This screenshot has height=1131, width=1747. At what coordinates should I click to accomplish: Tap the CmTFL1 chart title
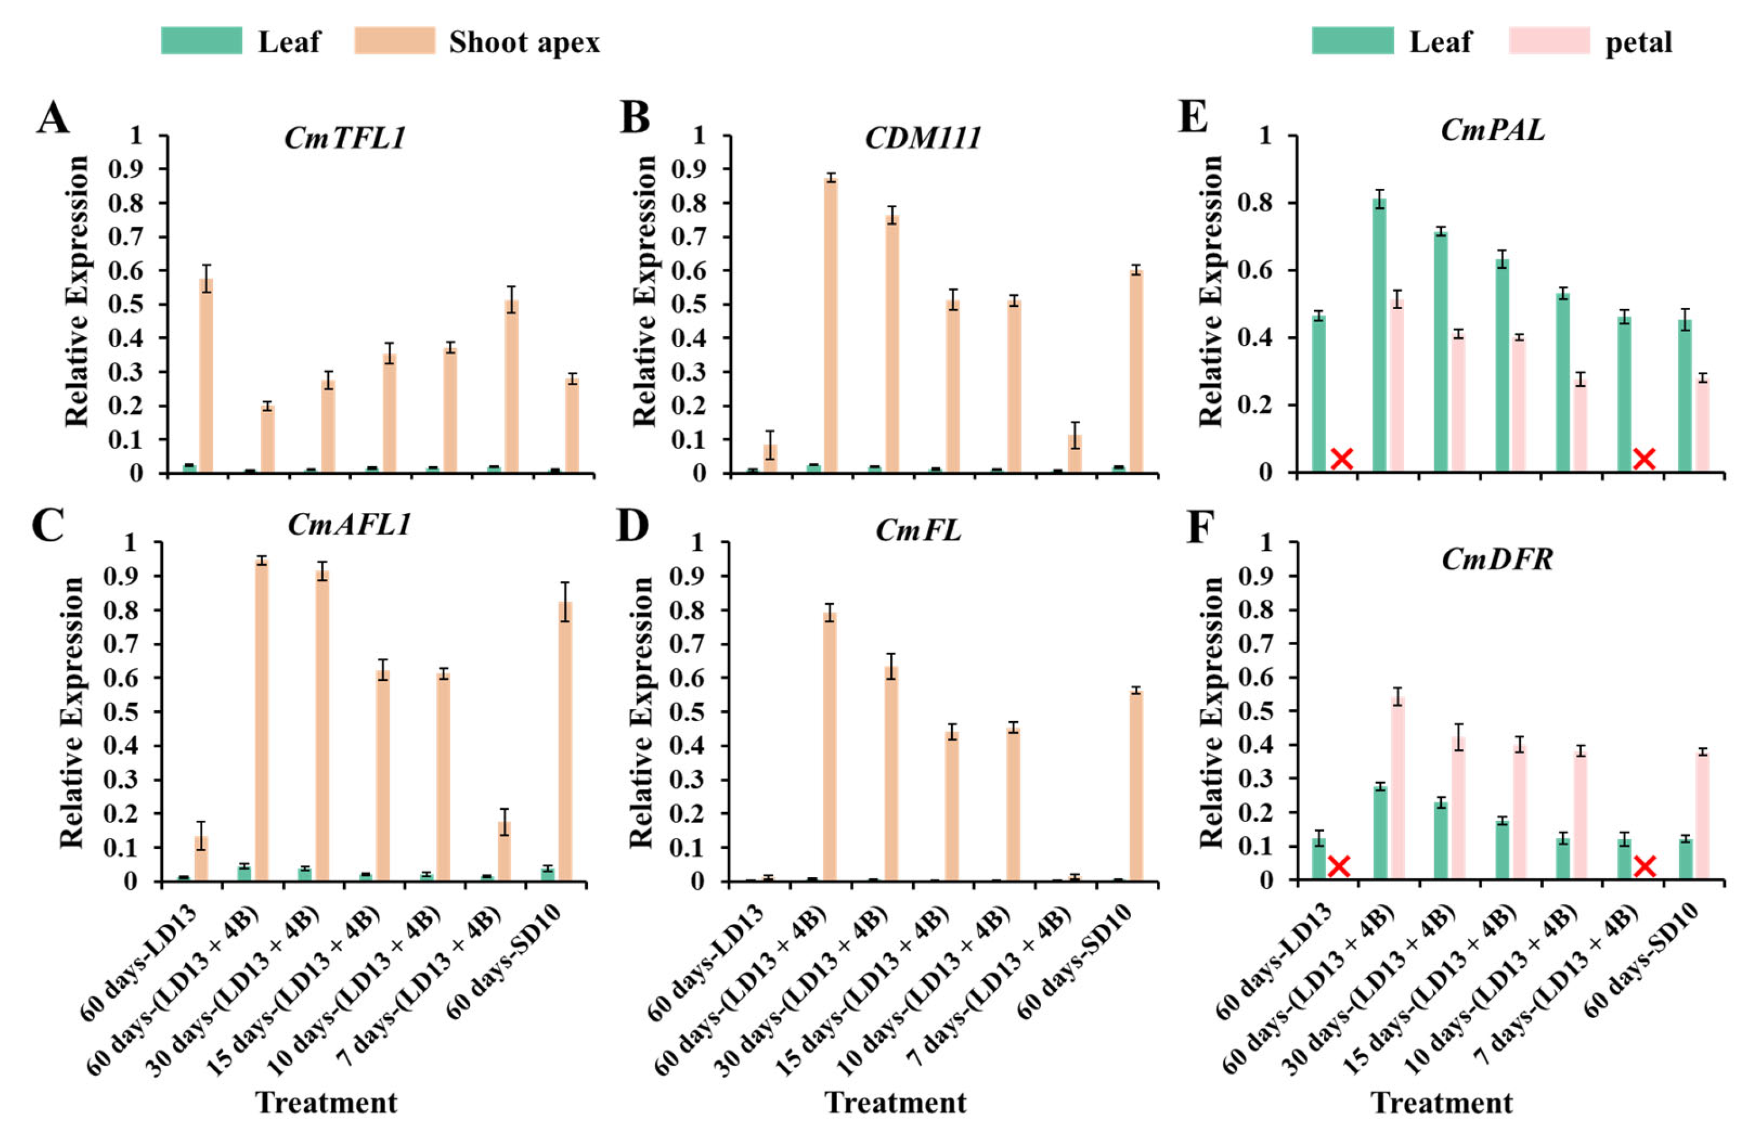point(345,138)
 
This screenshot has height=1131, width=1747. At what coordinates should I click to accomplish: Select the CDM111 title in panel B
point(922,138)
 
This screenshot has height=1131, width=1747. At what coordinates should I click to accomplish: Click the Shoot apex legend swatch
point(394,41)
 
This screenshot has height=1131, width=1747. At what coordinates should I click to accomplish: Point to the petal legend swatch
point(1549,41)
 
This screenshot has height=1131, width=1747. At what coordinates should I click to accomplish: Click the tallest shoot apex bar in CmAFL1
point(261,719)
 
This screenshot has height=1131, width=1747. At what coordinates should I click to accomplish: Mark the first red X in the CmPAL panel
point(1342,459)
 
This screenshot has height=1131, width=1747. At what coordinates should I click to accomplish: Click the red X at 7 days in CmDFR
point(1645,866)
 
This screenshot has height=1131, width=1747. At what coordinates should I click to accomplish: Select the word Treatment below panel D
point(895,1102)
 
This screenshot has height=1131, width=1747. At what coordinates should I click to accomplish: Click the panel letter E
point(1193,117)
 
